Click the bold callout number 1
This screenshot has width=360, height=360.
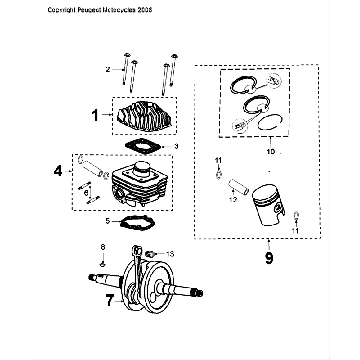point(96,116)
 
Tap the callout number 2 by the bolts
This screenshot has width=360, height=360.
point(109,69)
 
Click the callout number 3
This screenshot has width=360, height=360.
point(177,147)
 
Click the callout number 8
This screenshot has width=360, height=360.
point(100,246)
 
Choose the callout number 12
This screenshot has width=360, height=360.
point(230,199)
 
